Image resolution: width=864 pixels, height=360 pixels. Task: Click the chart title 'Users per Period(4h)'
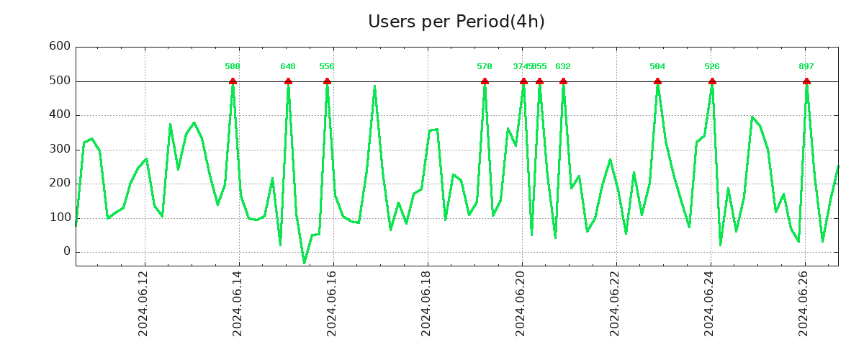click(x=456, y=22)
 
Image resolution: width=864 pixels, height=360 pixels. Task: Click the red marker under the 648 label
click(x=288, y=81)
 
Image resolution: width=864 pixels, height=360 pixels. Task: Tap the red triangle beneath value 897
click(x=806, y=81)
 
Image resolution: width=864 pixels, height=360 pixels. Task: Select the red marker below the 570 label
click(x=485, y=81)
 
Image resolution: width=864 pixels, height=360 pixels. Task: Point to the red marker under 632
click(x=563, y=81)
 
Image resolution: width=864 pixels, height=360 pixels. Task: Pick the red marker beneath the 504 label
click(x=657, y=81)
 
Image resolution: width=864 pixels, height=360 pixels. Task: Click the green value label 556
click(x=327, y=66)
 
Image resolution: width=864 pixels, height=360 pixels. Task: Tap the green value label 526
click(x=712, y=66)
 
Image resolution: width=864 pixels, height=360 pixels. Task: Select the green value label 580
click(x=233, y=66)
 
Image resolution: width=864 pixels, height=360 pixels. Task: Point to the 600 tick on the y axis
click(x=60, y=47)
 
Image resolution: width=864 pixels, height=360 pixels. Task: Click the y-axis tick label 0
click(x=67, y=251)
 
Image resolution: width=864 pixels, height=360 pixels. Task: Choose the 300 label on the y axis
click(x=60, y=149)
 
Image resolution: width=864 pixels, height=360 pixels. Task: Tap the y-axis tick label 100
click(x=60, y=217)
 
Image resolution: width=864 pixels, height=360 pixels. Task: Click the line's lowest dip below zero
click(x=304, y=263)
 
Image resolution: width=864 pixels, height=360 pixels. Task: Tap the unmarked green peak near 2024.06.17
click(x=374, y=86)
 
